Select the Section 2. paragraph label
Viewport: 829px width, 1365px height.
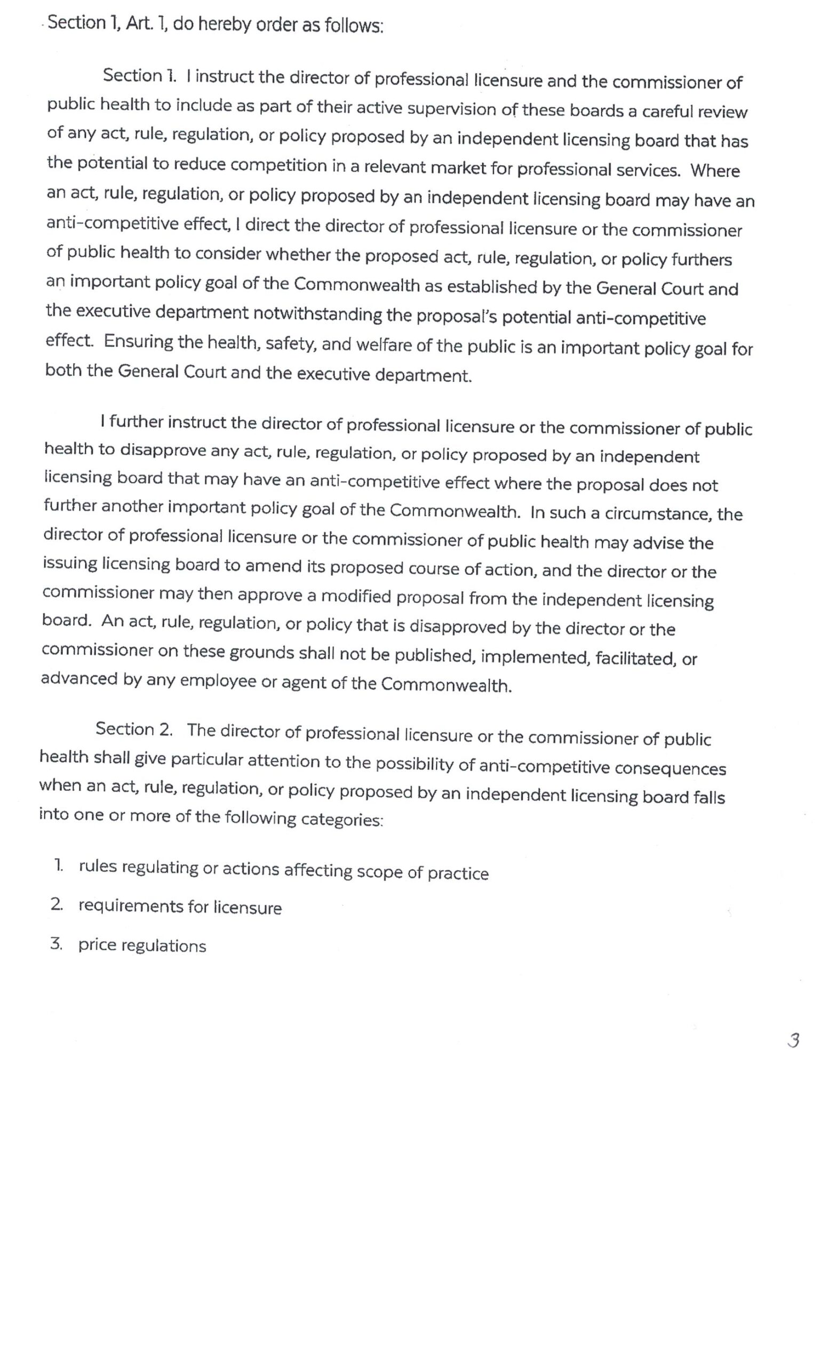[134, 729]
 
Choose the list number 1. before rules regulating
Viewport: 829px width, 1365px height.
[58, 865]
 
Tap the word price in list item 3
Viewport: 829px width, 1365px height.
[97, 944]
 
